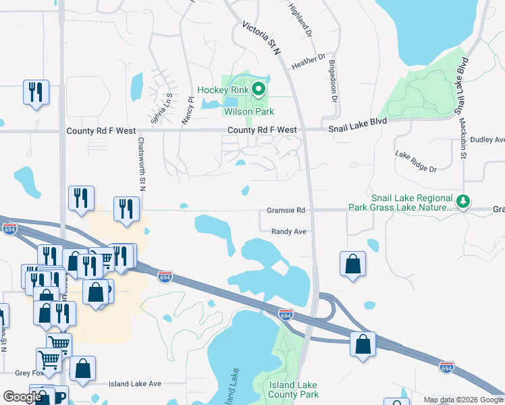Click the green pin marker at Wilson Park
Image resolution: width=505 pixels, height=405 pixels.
pos(258,88)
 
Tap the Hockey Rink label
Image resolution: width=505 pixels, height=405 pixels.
pos(222,90)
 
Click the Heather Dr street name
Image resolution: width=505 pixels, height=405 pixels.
pos(308,61)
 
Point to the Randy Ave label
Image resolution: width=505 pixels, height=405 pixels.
pos(289,232)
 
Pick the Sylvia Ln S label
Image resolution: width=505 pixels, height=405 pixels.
pos(161,105)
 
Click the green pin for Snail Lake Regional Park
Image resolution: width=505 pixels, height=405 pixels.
pos(463,200)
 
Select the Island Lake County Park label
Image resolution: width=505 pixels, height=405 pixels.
pos(293,389)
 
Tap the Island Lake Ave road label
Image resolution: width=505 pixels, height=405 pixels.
pos(135,383)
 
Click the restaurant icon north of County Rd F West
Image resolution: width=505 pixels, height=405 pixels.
pos(36,92)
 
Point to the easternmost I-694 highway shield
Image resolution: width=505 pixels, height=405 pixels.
pos(446,367)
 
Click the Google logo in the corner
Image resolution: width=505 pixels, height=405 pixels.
pos(22,396)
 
